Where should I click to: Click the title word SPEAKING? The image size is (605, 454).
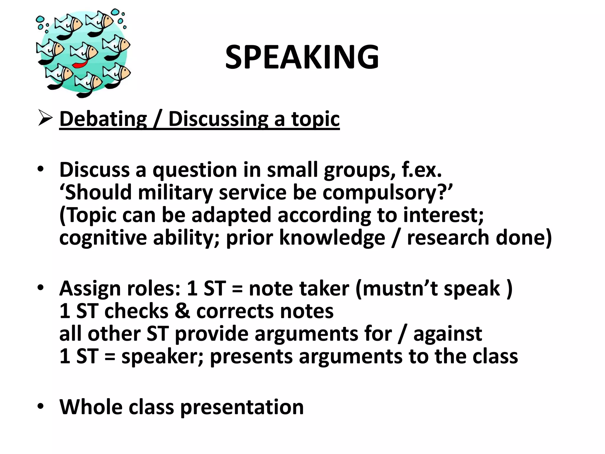pyautogui.click(x=302, y=57)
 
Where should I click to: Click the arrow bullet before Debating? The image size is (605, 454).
pyautogui.click(x=45, y=119)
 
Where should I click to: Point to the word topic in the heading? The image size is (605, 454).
pyautogui.click(x=315, y=119)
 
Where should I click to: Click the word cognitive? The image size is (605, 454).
pyautogui.click(x=103, y=238)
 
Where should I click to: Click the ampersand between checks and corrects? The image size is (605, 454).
pyautogui.click(x=182, y=311)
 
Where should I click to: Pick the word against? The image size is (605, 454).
pyautogui.click(x=448, y=334)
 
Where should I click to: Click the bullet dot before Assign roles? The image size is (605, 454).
pyautogui.click(x=40, y=287)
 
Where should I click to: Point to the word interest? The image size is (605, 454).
pyautogui.click(x=443, y=215)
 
